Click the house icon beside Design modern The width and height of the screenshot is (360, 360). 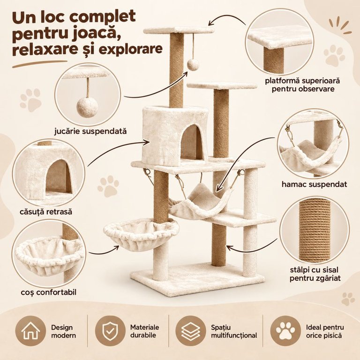coord(30,331)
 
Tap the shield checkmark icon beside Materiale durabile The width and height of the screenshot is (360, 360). coord(110,331)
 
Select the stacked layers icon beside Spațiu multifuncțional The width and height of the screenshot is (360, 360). coord(190,331)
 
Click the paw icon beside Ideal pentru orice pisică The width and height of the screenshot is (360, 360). coord(285,331)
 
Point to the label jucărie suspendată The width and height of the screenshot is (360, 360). coord(90,131)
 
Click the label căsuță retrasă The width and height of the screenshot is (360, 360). coord(46,211)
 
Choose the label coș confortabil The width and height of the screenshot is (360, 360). coord(48,292)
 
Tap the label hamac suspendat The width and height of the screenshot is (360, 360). coord(314,184)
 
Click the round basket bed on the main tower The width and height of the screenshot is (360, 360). coord(141,233)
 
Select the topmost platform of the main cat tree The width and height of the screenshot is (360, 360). coord(179,30)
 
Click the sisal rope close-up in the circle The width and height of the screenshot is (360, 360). coord(314,230)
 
